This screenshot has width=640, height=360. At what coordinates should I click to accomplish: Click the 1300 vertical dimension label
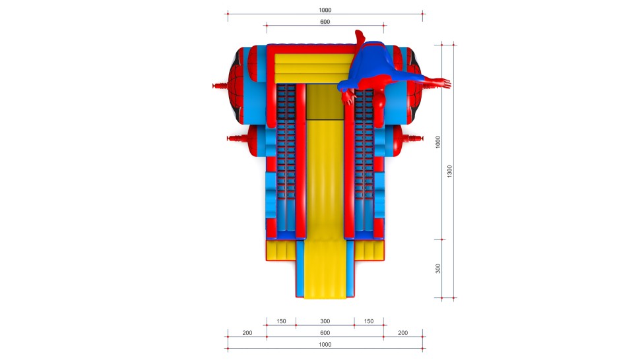pyautogui.click(x=449, y=171)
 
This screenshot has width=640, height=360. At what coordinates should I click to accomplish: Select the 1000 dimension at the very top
pyautogui.click(x=325, y=10)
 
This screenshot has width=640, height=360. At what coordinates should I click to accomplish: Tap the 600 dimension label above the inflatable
pyautogui.click(x=325, y=22)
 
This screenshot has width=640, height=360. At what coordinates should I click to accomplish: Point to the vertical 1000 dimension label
pyautogui.click(x=437, y=142)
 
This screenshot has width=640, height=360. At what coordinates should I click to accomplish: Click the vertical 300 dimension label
pyautogui.click(x=437, y=268)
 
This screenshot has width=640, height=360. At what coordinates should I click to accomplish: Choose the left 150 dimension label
pyautogui.click(x=281, y=321)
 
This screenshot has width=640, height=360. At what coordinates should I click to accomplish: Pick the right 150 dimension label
pyautogui.click(x=369, y=321)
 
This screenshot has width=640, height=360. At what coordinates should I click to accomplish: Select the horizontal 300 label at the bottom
pyautogui.click(x=325, y=321)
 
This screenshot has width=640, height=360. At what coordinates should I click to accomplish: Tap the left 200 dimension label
pyautogui.click(x=247, y=333)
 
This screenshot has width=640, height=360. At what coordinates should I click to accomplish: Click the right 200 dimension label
pyautogui.click(x=403, y=333)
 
